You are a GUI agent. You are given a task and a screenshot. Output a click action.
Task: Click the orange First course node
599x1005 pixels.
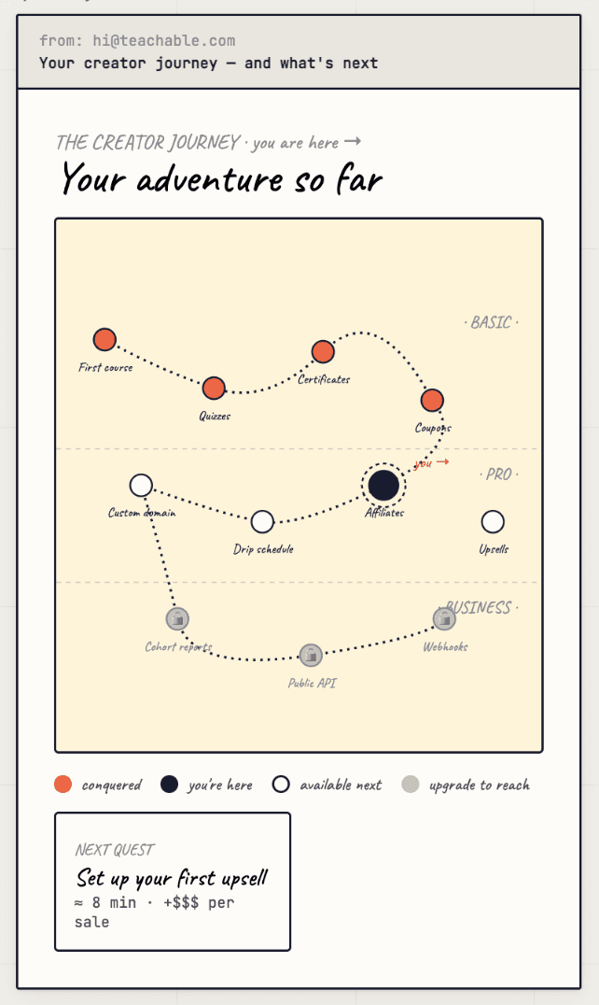point(104,340)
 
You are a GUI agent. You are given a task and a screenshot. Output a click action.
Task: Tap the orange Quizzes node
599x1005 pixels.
point(214,388)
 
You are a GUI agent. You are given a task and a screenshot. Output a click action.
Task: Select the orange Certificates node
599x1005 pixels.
point(323,351)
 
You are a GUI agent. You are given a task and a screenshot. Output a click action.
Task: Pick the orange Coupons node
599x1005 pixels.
point(431,400)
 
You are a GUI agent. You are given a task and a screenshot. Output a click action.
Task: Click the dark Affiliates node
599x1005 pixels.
point(383,486)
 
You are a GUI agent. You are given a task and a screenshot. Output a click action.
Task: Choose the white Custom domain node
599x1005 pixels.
point(141,485)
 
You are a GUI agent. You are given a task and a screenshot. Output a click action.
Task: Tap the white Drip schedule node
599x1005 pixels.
point(263,521)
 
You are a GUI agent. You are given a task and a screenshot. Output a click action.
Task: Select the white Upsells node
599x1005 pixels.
point(493,521)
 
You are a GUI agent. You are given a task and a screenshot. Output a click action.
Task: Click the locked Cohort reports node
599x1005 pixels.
point(177,618)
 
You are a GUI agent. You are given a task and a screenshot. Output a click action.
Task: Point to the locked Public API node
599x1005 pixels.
point(311,655)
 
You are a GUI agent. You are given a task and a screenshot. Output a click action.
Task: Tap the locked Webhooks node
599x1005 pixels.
point(444,618)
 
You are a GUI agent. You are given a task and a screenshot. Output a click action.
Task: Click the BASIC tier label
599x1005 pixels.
point(491,323)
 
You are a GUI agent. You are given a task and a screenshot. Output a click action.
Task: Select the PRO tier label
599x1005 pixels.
point(499,474)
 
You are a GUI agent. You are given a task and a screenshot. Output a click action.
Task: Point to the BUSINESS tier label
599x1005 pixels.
point(479,608)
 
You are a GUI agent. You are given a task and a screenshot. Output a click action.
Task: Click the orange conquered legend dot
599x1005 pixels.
point(63,785)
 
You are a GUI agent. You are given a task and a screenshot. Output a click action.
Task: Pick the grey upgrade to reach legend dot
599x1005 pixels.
point(411,785)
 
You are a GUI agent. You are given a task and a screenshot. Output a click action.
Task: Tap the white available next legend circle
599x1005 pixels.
point(281,785)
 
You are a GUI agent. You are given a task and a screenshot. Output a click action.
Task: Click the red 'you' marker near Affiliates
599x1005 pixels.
point(430,462)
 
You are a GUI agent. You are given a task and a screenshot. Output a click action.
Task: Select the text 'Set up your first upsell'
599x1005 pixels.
point(172,879)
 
